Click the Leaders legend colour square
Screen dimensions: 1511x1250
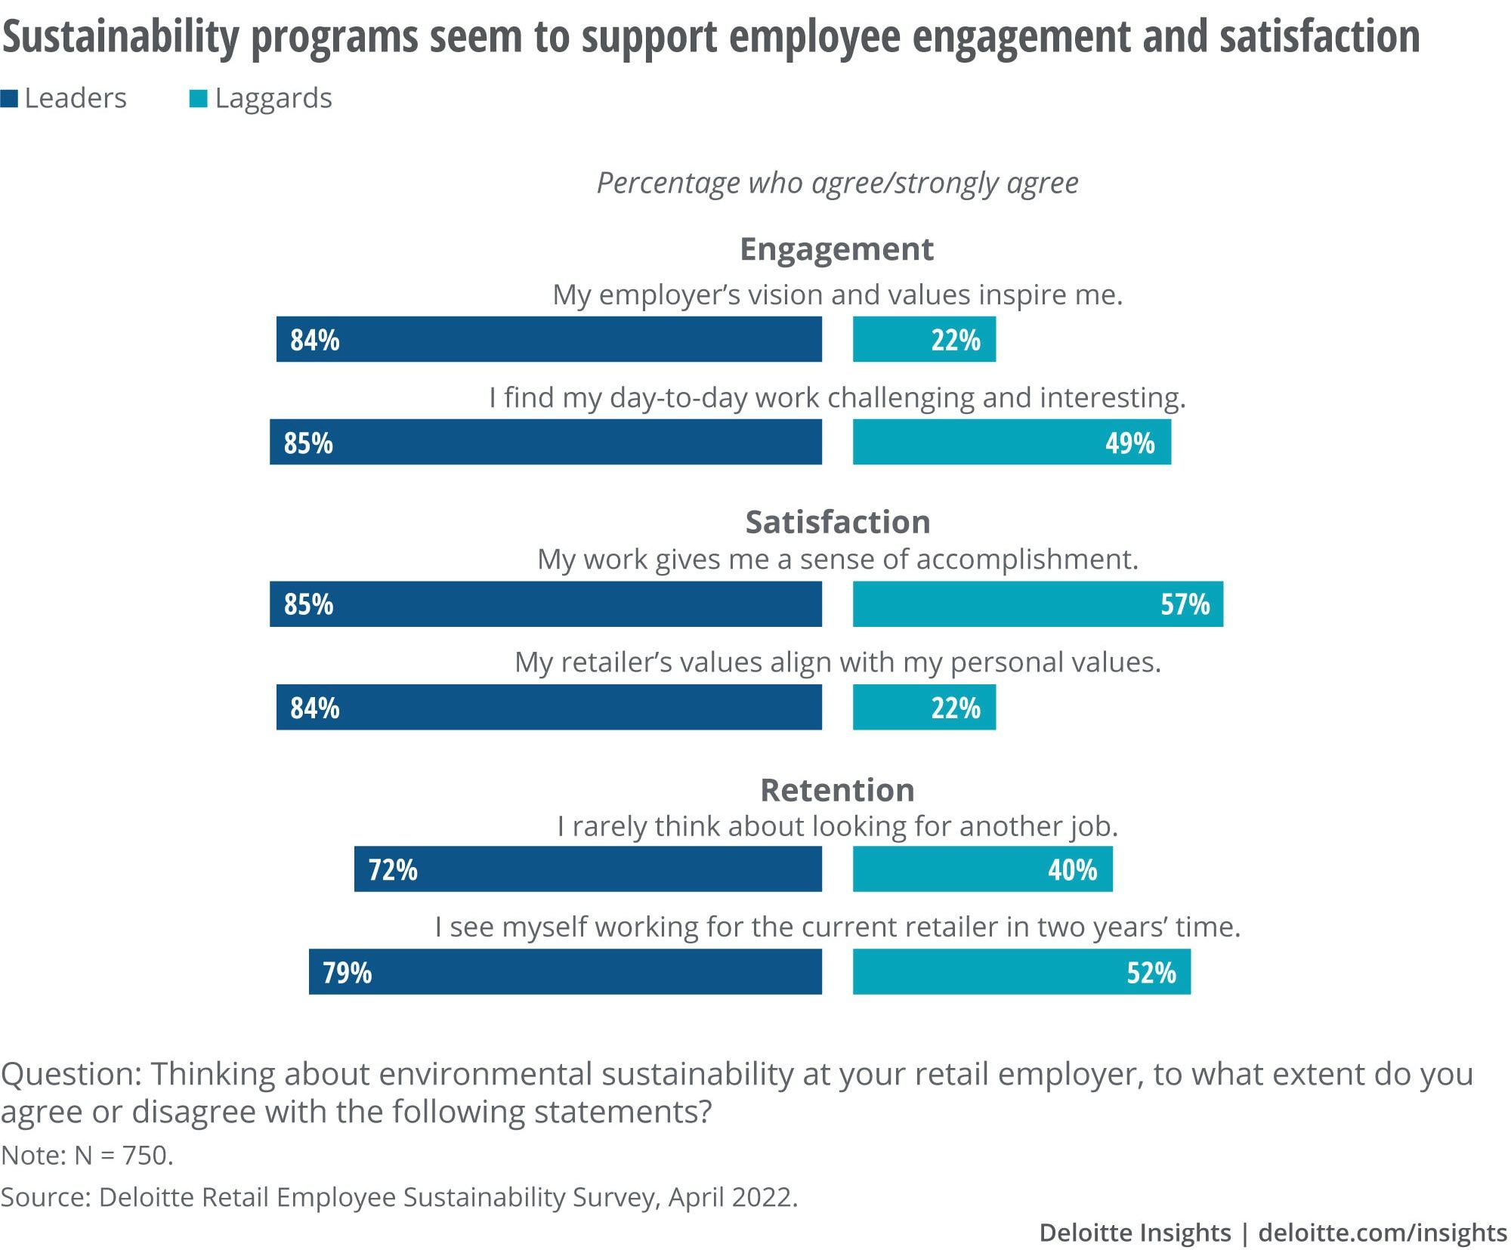tap(9, 99)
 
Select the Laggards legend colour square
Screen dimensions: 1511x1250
tap(198, 99)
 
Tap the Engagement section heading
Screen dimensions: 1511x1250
tap(836, 250)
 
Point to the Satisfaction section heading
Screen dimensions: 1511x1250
tap(837, 522)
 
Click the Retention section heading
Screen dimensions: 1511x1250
tap(837, 790)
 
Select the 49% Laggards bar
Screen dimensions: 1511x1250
tap(1012, 442)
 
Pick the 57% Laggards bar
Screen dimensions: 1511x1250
tap(1038, 604)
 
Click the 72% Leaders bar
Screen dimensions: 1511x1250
tap(588, 869)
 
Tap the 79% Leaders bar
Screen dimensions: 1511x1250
tap(565, 972)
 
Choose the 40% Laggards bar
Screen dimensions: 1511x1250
tap(983, 869)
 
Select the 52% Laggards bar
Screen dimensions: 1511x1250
tap(1021, 972)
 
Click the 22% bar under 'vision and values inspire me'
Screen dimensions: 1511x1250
tap(924, 339)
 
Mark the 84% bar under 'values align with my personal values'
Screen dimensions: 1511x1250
tap(549, 707)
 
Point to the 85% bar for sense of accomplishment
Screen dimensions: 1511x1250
tap(545, 604)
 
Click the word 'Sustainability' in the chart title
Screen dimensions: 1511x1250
tap(121, 38)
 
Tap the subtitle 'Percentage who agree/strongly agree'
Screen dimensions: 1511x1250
tap(837, 184)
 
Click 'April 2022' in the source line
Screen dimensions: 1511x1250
tap(730, 1197)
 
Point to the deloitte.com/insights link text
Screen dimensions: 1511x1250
tap(1383, 1233)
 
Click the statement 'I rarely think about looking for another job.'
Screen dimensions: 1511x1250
tap(837, 827)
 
